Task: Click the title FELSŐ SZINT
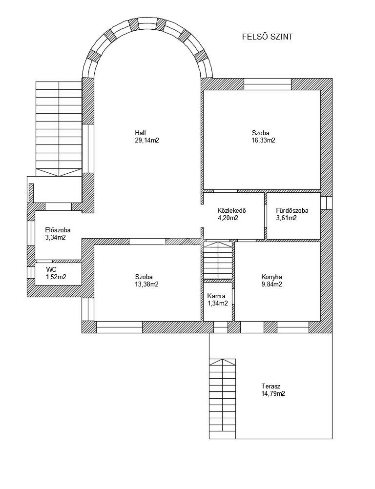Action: [268, 37]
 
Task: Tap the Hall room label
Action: [141, 133]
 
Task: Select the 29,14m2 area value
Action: [147, 141]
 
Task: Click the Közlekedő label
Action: [231, 211]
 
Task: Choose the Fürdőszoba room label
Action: [292, 211]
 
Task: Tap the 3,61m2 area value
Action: [286, 218]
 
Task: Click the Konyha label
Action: [272, 277]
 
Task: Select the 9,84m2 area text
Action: [272, 284]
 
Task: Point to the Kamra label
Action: [216, 296]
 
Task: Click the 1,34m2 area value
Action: [217, 304]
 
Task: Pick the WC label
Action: [51, 269]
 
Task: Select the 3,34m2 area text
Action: [56, 238]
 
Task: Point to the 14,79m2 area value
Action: [273, 393]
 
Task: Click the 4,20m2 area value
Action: [228, 218]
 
